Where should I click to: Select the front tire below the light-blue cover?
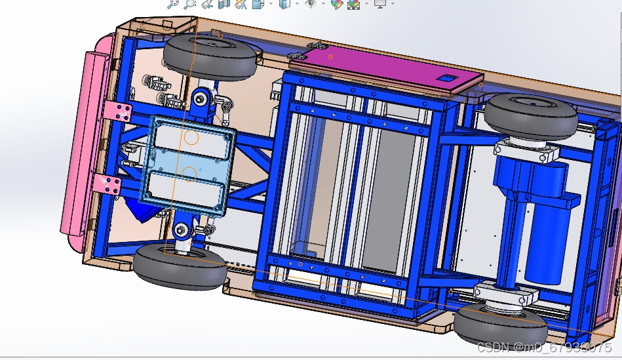[x=180, y=267]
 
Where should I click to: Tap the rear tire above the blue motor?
[x=532, y=116]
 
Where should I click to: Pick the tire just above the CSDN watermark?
[x=501, y=325]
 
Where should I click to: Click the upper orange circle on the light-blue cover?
[x=191, y=138]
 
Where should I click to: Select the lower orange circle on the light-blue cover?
[x=189, y=174]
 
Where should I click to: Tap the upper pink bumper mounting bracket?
[x=117, y=111]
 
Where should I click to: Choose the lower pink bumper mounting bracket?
[x=106, y=184]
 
